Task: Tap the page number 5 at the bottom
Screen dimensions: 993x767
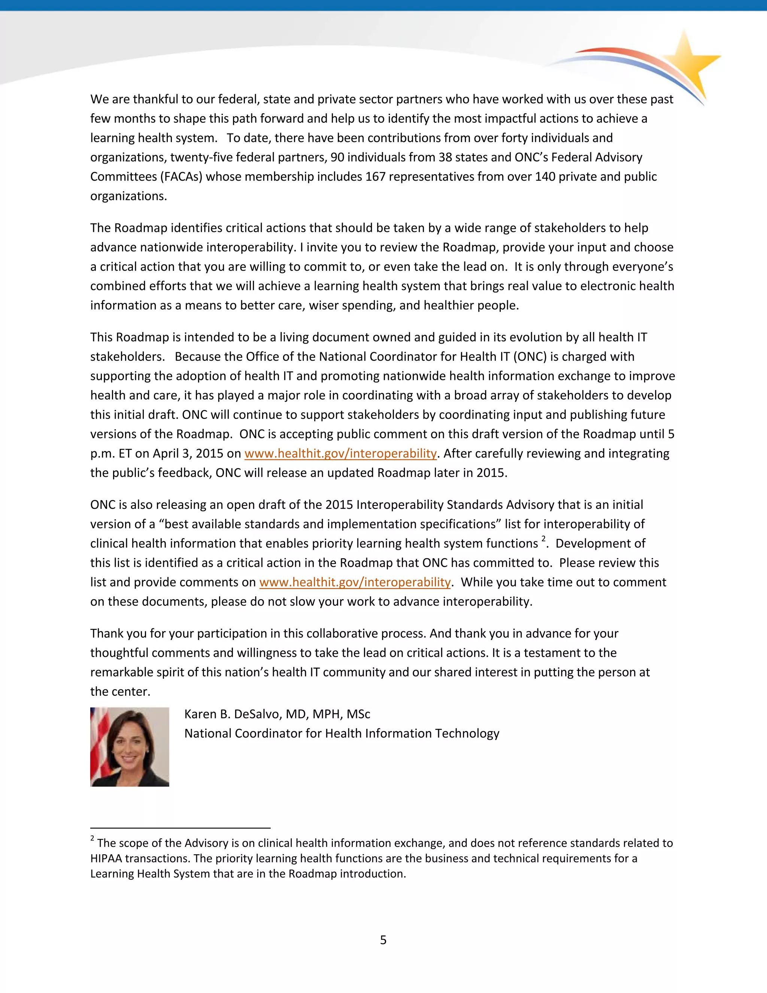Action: (x=383, y=939)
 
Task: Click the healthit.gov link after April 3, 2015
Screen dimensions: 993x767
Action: (x=340, y=453)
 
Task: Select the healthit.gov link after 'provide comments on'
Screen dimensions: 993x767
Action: (x=355, y=582)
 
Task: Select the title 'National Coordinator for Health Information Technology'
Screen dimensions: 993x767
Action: (x=342, y=733)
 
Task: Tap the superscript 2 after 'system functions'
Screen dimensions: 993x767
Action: (x=543, y=539)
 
